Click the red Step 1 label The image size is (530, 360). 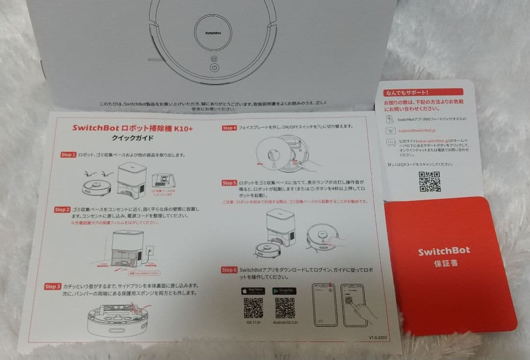click(68, 155)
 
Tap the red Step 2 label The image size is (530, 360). click(62, 210)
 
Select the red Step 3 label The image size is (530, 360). click(53, 286)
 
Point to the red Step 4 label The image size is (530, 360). click(229, 128)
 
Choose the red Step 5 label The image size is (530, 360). click(229, 183)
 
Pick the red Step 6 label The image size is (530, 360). click(229, 270)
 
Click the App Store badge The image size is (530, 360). click(253, 291)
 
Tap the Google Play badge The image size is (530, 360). click(285, 291)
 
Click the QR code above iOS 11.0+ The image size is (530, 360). click(253, 308)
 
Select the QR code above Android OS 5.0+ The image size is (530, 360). click(285, 308)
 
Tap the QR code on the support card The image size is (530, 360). click(429, 182)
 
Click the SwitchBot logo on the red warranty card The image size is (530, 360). click(444, 251)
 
